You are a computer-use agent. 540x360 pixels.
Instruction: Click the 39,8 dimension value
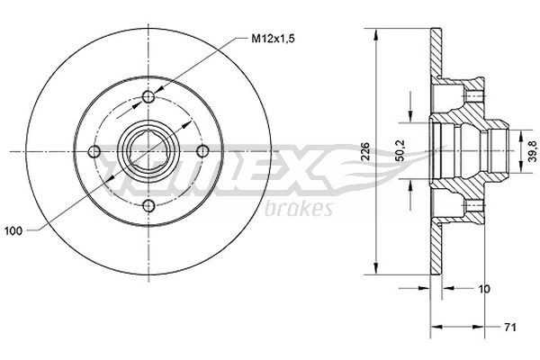click(x=530, y=152)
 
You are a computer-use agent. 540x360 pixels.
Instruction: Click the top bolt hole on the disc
click(x=149, y=97)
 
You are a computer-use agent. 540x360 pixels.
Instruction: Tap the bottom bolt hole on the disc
click(x=149, y=208)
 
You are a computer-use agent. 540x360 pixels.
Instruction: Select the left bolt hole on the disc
click(x=94, y=152)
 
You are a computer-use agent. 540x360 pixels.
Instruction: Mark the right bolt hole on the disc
click(x=205, y=152)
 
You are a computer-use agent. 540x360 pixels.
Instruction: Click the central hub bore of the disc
click(x=149, y=152)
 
